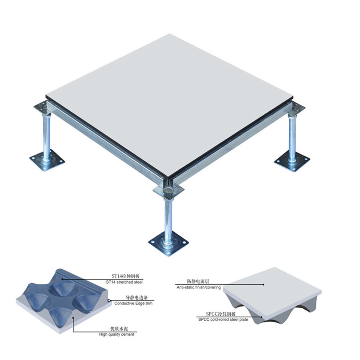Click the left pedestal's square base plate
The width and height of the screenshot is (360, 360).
point(47,160)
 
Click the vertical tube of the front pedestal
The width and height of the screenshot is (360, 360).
point(168,220)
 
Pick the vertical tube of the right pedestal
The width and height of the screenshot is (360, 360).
point(292,138)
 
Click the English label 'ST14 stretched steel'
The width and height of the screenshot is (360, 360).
point(124,282)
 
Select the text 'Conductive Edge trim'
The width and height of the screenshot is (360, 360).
point(133,303)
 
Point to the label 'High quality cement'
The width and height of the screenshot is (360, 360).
point(117,334)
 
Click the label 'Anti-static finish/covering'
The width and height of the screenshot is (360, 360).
point(198,287)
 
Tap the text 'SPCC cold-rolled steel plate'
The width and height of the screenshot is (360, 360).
point(223,319)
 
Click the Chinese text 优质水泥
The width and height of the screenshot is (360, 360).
point(119,329)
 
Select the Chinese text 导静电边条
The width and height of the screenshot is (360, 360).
point(137,298)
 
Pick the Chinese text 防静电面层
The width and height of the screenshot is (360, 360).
point(198,281)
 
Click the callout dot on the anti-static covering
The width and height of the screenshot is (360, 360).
point(264,285)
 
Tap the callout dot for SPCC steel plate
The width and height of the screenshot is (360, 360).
point(262,317)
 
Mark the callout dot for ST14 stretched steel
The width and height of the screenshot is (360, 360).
point(62,279)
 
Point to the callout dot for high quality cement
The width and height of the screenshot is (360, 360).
point(73,318)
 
